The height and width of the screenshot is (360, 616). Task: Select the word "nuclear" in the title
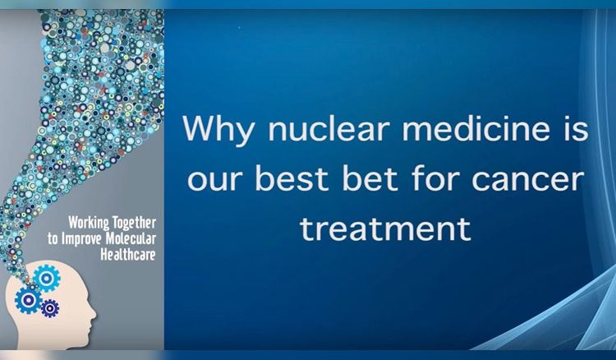pyautogui.click(x=329, y=129)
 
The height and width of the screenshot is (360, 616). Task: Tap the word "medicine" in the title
pyautogui.click(x=476, y=129)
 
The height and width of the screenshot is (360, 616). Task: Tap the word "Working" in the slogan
pyautogui.click(x=89, y=223)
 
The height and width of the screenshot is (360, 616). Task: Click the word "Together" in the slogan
pyautogui.click(x=135, y=223)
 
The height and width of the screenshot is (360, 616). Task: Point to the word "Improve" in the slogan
pyautogui.click(x=80, y=239)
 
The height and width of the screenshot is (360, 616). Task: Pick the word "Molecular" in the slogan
pyautogui.click(x=128, y=238)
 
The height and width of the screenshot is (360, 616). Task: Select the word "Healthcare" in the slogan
pyautogui.click(x=128, y=254)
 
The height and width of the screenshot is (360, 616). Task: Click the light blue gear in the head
pyautogui.click(x=46, y=278)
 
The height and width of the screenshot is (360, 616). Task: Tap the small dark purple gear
pyautogui.click(x=50, y=308)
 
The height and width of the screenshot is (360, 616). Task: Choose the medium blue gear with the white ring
pyautogui.click(x=28, y=300)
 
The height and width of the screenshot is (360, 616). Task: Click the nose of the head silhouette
pyautogui.click(x=93, y=315)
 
